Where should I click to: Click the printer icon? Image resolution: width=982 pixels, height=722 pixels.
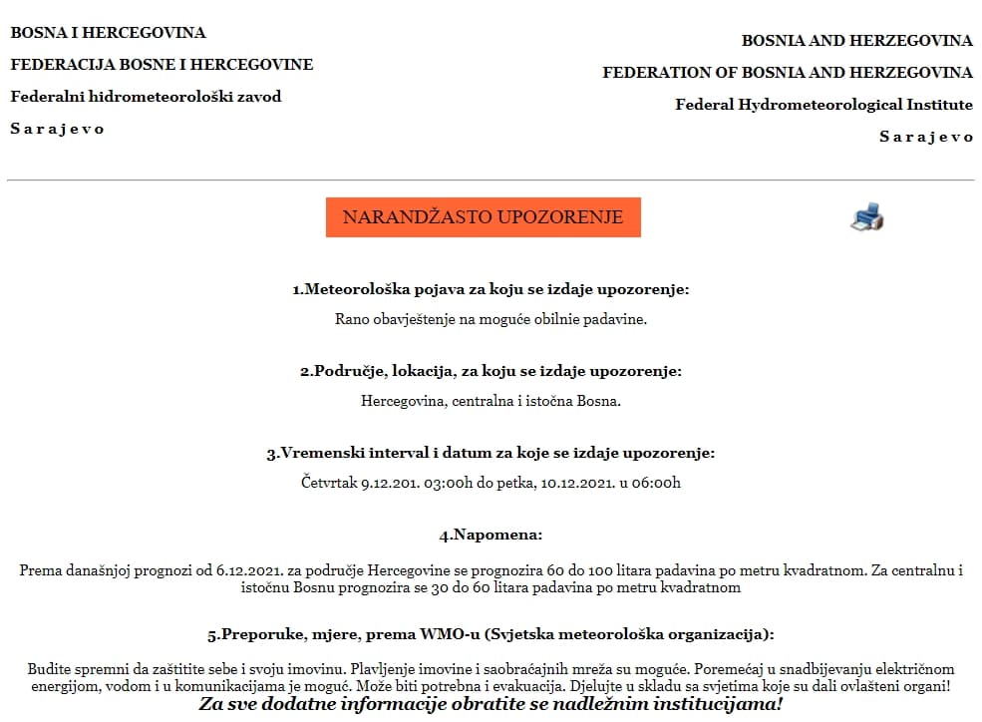(867, 216)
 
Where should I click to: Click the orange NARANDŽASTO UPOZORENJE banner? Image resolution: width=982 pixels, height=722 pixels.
(483, 217)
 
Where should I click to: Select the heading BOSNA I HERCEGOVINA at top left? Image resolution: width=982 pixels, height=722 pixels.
(108, 33)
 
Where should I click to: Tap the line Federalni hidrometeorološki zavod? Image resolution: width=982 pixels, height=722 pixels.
(146, 97)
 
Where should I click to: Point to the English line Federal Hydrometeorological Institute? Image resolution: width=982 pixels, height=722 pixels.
(823, 105)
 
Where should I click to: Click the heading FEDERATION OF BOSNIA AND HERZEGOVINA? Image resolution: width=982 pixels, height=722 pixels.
(788, 73)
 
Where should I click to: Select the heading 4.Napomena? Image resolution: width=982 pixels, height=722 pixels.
(491, 536)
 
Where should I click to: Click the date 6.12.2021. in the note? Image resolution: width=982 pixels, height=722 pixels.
(245, 571)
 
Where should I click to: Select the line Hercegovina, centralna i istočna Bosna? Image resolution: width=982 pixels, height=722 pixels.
(491, 402)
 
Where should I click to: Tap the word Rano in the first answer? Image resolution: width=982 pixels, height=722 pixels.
(351, 320)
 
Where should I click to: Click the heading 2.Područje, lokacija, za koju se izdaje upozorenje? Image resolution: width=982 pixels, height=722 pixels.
(491, 372)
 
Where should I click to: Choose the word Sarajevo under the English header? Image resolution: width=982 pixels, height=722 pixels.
(925, 137)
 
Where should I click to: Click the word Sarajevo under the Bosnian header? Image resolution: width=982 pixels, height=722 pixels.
(57, 129)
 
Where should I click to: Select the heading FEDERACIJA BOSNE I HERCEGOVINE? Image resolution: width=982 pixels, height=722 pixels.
(162, 65)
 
